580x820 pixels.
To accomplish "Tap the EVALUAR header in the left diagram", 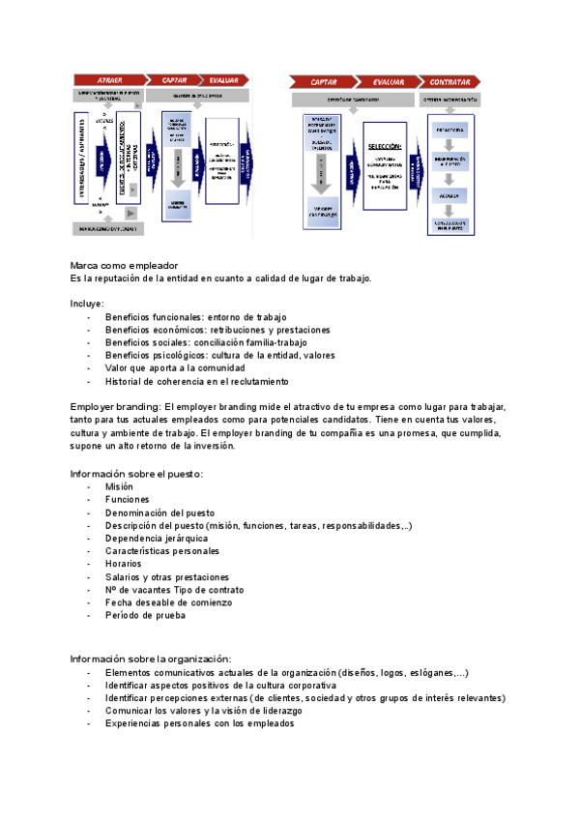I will pyautogui.click(x=225, y=79).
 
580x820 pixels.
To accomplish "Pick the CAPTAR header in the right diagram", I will pyautogui.click(x=324, y=82).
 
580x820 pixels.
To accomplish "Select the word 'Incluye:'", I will pyautogui.click(x=88, y=304).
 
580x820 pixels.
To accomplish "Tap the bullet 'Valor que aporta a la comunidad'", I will pyautogui.click(x=175, y=368).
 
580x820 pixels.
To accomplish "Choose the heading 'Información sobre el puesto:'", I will pyautogui.click(x=136, y=474).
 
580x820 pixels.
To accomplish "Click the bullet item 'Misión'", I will pyautogui.click(x=120, y=486).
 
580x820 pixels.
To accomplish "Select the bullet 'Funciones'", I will pyautogui.click(x=128, y=499).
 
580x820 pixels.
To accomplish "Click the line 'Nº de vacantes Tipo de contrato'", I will pyautogui.click(x=174, y=590).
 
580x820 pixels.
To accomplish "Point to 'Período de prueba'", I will pyautogui.click(x=145, y=616).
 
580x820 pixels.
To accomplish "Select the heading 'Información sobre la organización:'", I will pyautogui.click(x=151, y=659).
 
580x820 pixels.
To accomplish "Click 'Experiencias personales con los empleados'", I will pyautogui.click(x=199, y=723).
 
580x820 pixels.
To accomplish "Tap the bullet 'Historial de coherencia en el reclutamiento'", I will pyautogui.click(x=197, y=381).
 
